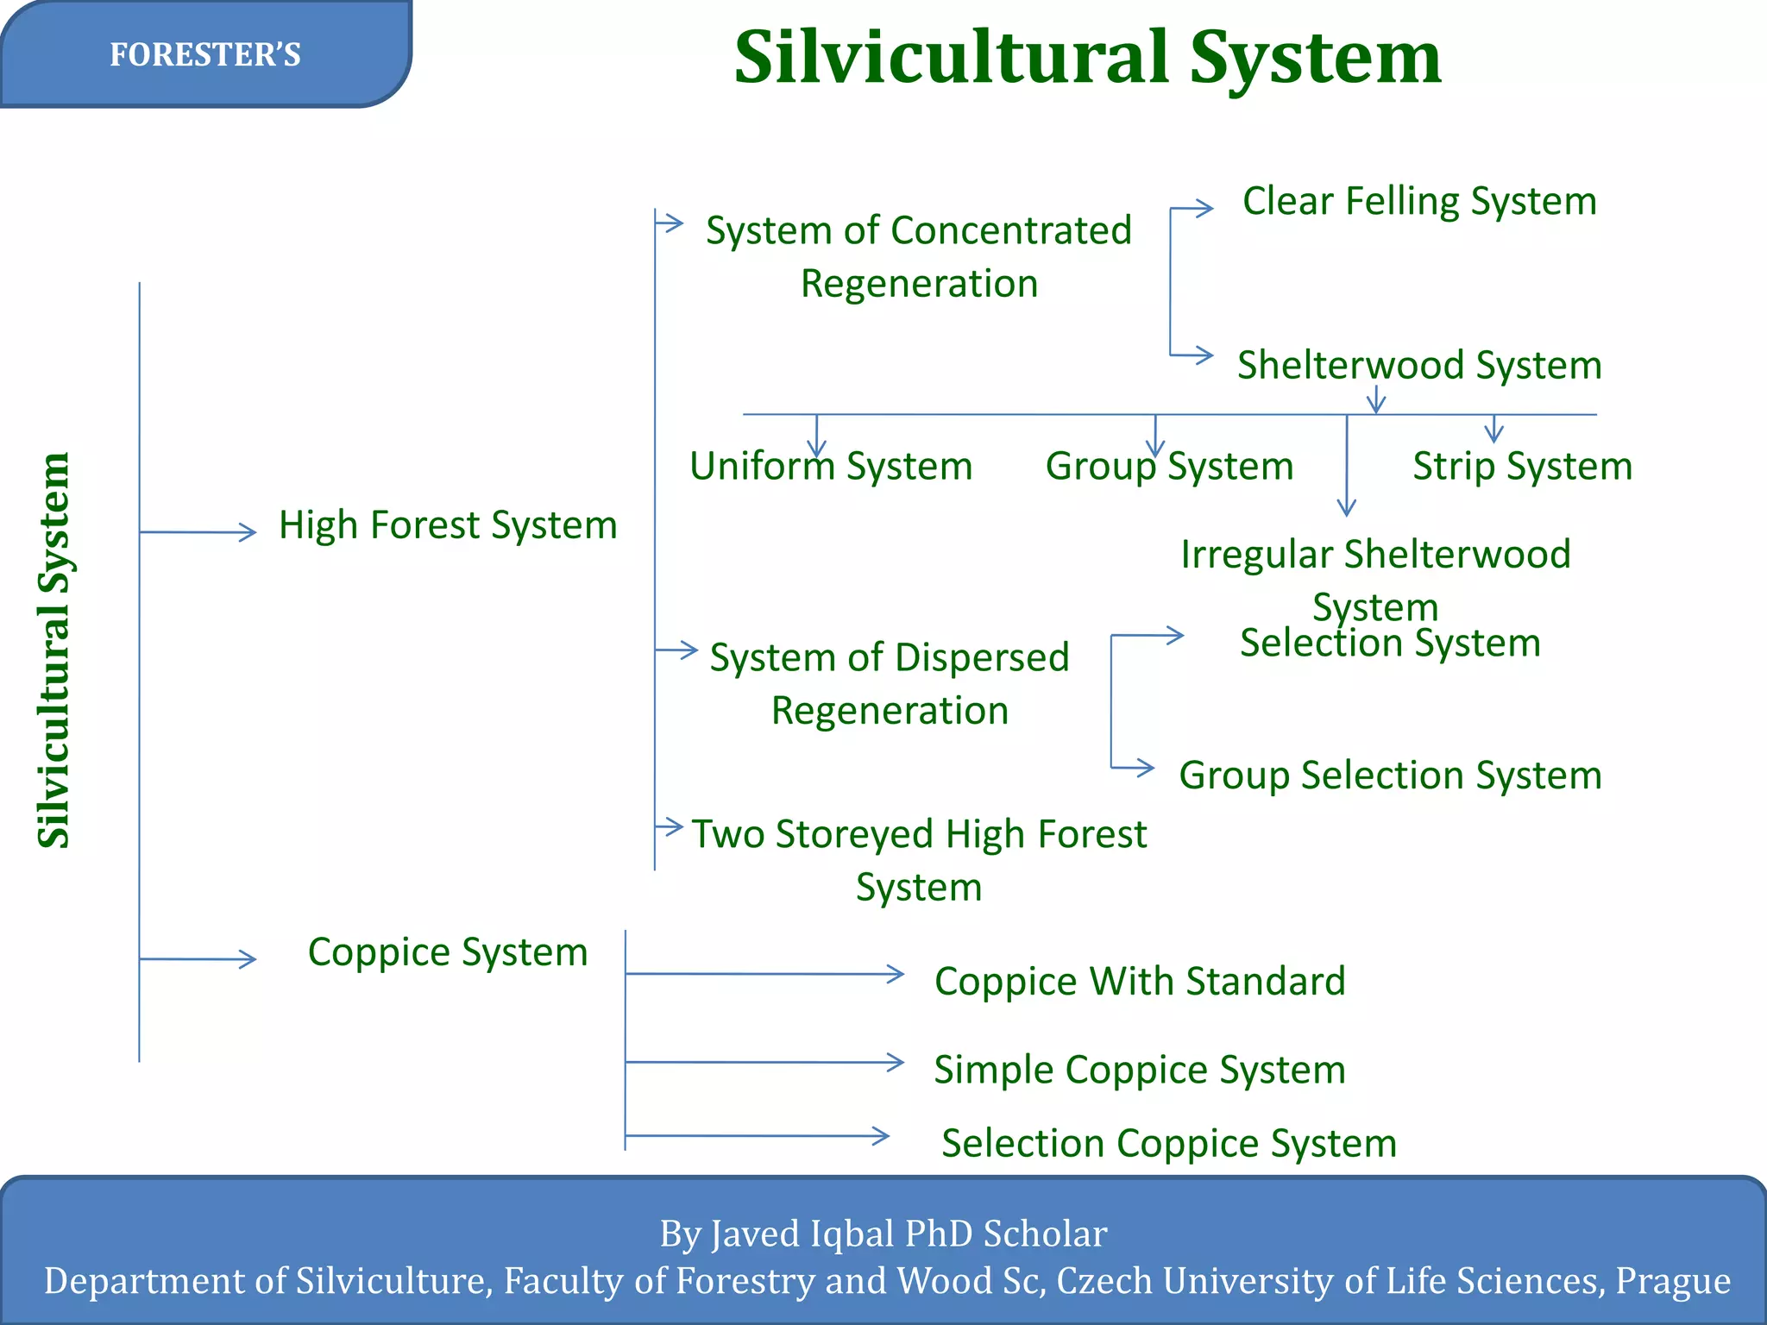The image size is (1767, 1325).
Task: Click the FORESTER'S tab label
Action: coord(205,55)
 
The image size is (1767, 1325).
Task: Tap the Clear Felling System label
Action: coord(1419,201)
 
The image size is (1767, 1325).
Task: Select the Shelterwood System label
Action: coord(1419,365)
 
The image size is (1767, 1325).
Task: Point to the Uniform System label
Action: coord(831,467)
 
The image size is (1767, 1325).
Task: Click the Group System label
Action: coord(1169,467)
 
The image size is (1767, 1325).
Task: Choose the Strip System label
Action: coord(1522,467)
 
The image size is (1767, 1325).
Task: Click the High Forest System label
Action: coord(448,525)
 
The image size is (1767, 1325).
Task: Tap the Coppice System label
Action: coord(448,952)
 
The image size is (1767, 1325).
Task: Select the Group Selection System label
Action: coord(1390,775)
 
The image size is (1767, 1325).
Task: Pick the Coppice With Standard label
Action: coord(1140,982)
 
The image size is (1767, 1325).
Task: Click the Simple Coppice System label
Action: coord(1140,1070)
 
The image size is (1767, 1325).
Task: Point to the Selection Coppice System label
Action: coord(1169,1144)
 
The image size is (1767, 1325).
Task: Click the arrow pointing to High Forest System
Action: coord(198,532)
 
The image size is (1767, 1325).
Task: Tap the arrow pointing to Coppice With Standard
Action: coord(764,974)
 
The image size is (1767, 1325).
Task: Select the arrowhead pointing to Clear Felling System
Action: coord(1203,208)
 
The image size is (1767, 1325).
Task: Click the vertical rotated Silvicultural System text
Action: coord(53,650)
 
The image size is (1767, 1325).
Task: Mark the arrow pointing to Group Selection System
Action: coord(1134,767)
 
